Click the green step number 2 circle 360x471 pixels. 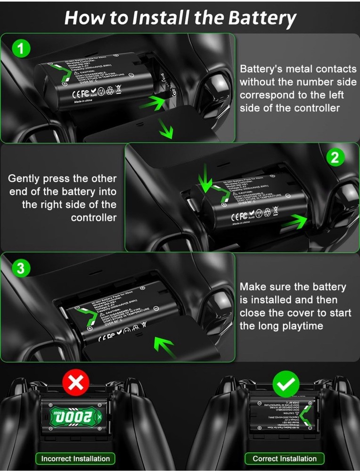coord(335,157)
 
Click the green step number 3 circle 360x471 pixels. coord(21,268)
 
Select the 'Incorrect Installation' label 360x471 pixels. coord(75,458)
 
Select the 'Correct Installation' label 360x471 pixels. coord(285,458)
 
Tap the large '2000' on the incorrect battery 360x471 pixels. coord(75,416)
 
